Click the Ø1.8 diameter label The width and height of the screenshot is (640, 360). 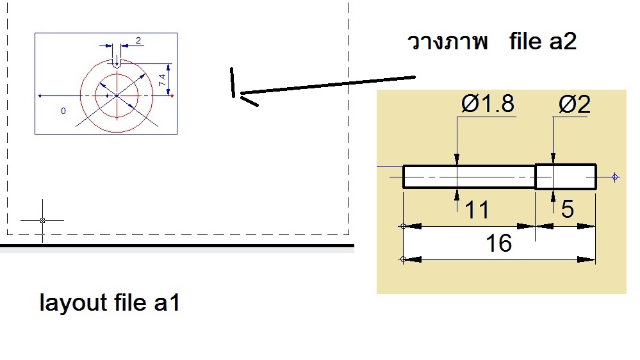[488, 104]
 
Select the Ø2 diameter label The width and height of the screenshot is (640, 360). [574, 104]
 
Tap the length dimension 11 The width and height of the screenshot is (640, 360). [477, 210]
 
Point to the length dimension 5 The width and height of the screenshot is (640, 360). [568, 209]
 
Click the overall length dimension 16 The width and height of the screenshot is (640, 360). [499, 243]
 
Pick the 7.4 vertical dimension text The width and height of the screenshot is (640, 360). [163, 80]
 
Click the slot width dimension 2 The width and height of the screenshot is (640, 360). [138, 40]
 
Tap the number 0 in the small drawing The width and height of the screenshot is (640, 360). [63, 111]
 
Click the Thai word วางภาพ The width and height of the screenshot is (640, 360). [448, 42]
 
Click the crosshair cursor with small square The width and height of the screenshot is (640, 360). [42, 220]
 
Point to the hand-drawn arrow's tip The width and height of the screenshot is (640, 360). [241, 94]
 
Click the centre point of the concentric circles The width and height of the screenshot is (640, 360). [117, 95]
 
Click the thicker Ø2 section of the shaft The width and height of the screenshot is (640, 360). [566, 177]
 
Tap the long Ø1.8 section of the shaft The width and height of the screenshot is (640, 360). [469, 177]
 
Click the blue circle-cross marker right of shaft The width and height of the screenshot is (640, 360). [615, 177]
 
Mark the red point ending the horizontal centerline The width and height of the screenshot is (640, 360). [172, 96]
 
